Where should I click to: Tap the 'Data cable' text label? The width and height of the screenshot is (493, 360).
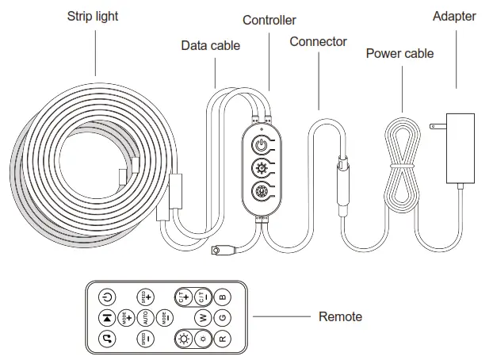(x=210, y=45)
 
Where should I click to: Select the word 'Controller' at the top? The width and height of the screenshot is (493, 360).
(x=269, y=20)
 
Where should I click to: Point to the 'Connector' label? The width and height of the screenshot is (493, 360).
(x=318, y=41)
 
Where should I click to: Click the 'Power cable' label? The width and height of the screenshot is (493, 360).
(x=399, y=53)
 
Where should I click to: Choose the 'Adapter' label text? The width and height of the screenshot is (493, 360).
(x=454, y=17)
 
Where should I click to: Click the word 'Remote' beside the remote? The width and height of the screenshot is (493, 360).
(x=340, y=316)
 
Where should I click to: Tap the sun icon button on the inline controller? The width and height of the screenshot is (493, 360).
(x=261, y=167)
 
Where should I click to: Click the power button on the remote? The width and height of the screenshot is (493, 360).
(x=107, y=297)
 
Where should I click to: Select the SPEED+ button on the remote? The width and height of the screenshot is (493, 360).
(x=145, y=297)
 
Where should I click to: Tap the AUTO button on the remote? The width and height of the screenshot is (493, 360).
(x=145, y=317)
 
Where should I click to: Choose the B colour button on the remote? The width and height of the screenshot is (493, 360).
(x=223, y=297)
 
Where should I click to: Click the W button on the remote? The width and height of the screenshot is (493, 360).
(x=202, y=317)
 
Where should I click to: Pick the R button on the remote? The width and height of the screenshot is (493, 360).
(x=223, y=338)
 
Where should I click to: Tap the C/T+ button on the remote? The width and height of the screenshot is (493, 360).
(x=183, y=297)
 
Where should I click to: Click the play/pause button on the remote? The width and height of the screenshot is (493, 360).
(x=107, y=317)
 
